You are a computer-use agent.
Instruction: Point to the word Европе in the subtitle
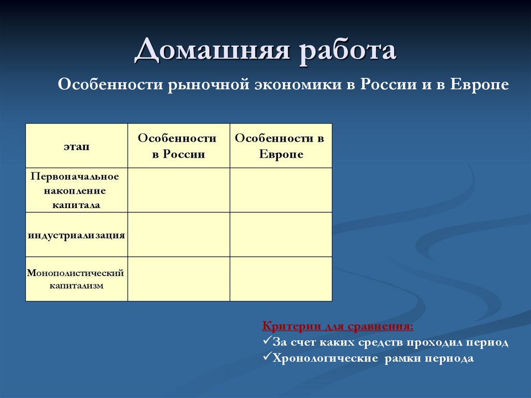coord(479,85)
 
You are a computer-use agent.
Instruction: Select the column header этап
coord(77,146)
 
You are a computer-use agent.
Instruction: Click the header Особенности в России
coord(178,146)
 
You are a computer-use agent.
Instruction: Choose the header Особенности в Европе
coord(281,146)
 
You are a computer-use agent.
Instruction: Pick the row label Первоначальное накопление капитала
coord(76,190)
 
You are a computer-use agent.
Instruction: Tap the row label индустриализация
coord(76,235)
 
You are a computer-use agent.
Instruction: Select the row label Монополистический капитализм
coord(76,279)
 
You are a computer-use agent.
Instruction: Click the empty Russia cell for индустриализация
coord(178,235)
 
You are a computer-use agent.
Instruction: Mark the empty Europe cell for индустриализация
coord(281,235)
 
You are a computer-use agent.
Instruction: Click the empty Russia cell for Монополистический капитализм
coord(178,279)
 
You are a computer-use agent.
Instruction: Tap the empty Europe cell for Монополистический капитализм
coord(281,279)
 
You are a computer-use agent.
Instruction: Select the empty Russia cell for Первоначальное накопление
coord(178,190)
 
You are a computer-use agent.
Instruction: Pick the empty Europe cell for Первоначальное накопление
coord(281,190)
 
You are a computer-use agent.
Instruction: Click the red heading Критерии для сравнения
coord(338,327)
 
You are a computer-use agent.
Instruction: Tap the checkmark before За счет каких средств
coord(267,342)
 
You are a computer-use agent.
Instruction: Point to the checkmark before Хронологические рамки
coord(267,358)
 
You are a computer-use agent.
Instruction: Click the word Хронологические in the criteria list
coord(326,359)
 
